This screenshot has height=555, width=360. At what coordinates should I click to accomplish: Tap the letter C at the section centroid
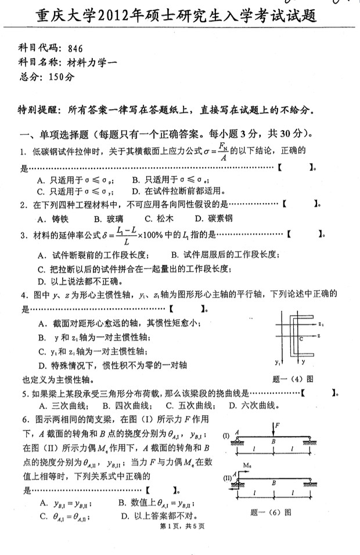[301, 337]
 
